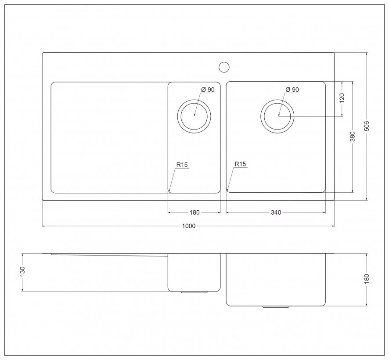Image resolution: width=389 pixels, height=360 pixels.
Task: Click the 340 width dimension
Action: pyautogui.click(x=276, y=212)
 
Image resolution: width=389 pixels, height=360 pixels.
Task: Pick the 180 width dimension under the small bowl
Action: pyautogui.click(x=194, y=212)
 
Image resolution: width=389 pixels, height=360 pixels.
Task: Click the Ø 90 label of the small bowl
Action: pyautogui.click(x=208, y=90)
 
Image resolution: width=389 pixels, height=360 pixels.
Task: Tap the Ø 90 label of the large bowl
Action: pyautogui.click(x=292, y=90)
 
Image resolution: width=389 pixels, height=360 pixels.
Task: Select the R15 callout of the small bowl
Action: pyautogui.click(x=182, y=165)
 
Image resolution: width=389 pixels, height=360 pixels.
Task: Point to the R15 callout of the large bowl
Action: pyautogui.click(x=240, y=165)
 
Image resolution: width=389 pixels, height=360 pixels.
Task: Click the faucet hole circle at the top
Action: pyautogui.click(x=224, y=67)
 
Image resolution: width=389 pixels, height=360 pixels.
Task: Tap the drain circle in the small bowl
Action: pyautogui.click(x=194, y=116)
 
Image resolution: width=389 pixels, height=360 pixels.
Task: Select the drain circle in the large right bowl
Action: pyautogui.click(x=277, y=116)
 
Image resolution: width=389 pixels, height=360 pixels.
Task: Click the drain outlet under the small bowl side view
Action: pyautogui.click(x=194, y=292)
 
